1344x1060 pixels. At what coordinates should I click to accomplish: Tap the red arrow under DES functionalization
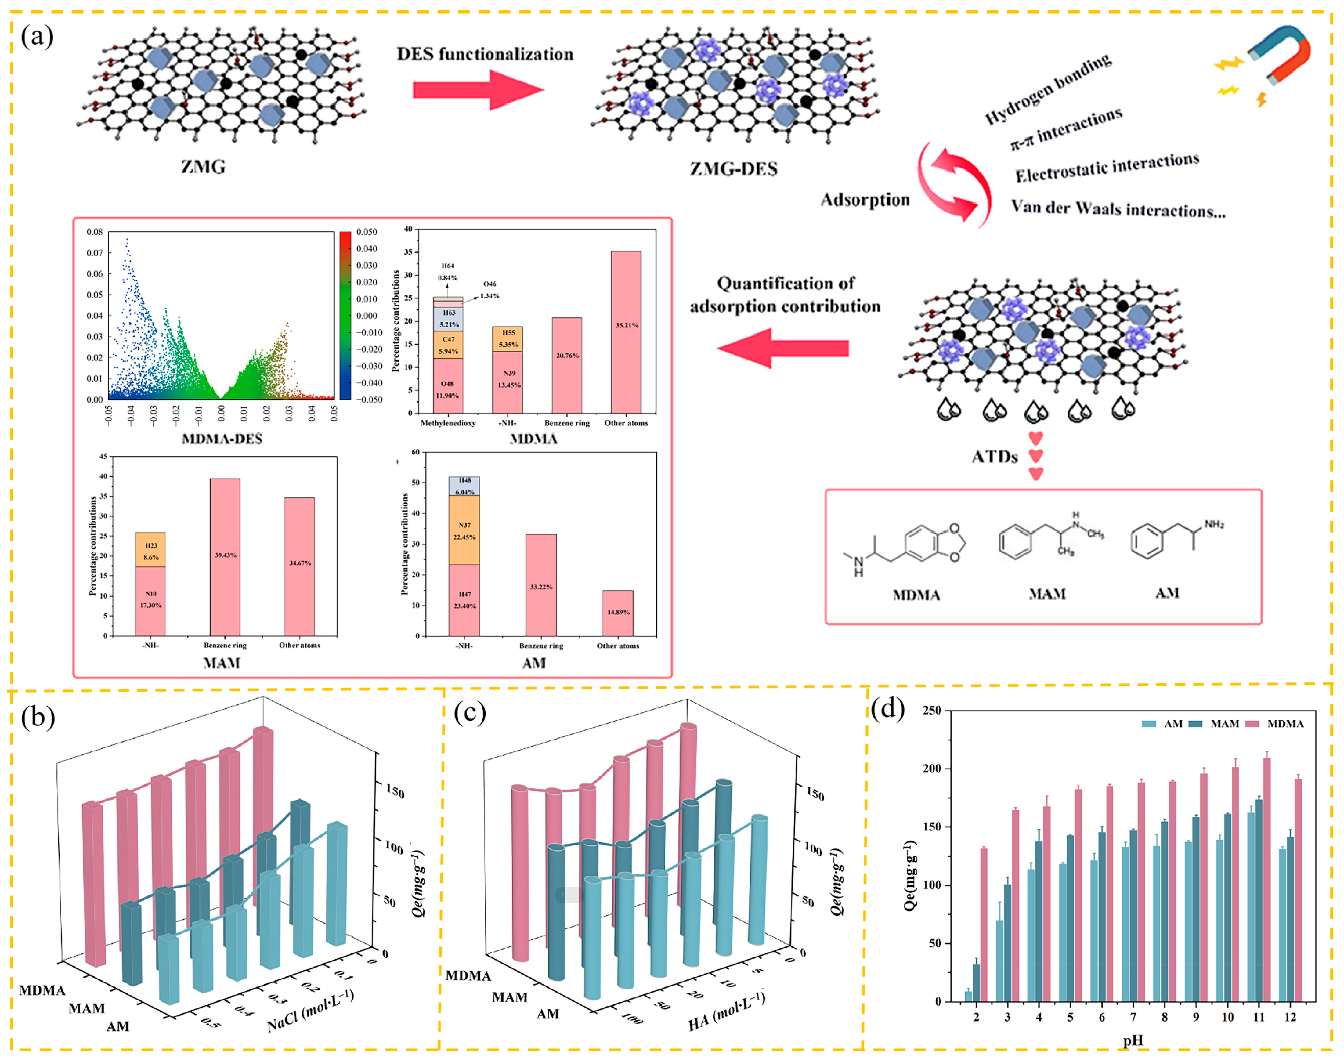pyautogui.click(x=478, y=90)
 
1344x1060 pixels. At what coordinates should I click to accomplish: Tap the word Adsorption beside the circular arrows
pyautogui.click(x=865, y=200)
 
